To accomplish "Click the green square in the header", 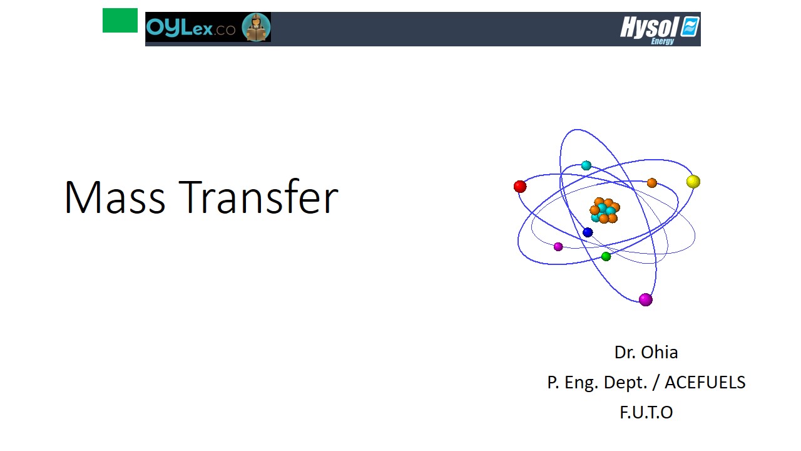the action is [120, 21].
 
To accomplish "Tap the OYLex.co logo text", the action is [191, 28].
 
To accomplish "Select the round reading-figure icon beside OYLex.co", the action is [256, 27].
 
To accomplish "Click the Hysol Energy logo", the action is [660, 29].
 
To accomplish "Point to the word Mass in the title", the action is [115, 197].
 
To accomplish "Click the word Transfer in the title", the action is [258, 197].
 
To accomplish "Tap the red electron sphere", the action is [520, 187].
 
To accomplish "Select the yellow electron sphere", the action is [693, 182].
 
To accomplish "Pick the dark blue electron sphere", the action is [588, 232].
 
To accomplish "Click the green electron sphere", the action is [606, 256].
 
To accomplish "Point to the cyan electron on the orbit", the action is [586, 165].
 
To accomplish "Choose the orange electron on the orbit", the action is [652, 183].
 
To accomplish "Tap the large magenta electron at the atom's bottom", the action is [645, 299].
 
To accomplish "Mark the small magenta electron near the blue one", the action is [558, 247].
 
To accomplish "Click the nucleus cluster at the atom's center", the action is [605, 210].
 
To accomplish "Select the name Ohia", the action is [659, 352].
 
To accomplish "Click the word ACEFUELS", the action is [705, 382].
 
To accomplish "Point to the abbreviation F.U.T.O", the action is [646, 412].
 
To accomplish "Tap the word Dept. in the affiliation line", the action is [625, 383].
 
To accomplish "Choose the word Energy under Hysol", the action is [663, 41].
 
